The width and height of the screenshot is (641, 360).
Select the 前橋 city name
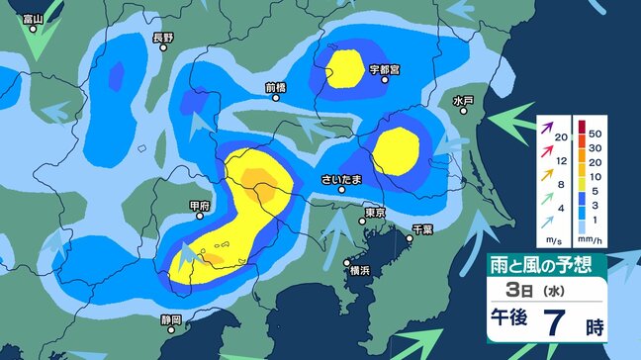point(276,87)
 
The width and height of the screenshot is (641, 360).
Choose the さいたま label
point(341,180)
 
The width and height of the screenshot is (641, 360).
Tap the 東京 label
point(374,212)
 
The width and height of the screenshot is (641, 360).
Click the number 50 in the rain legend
point(595,131)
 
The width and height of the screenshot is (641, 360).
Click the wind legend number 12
point(562,159)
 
